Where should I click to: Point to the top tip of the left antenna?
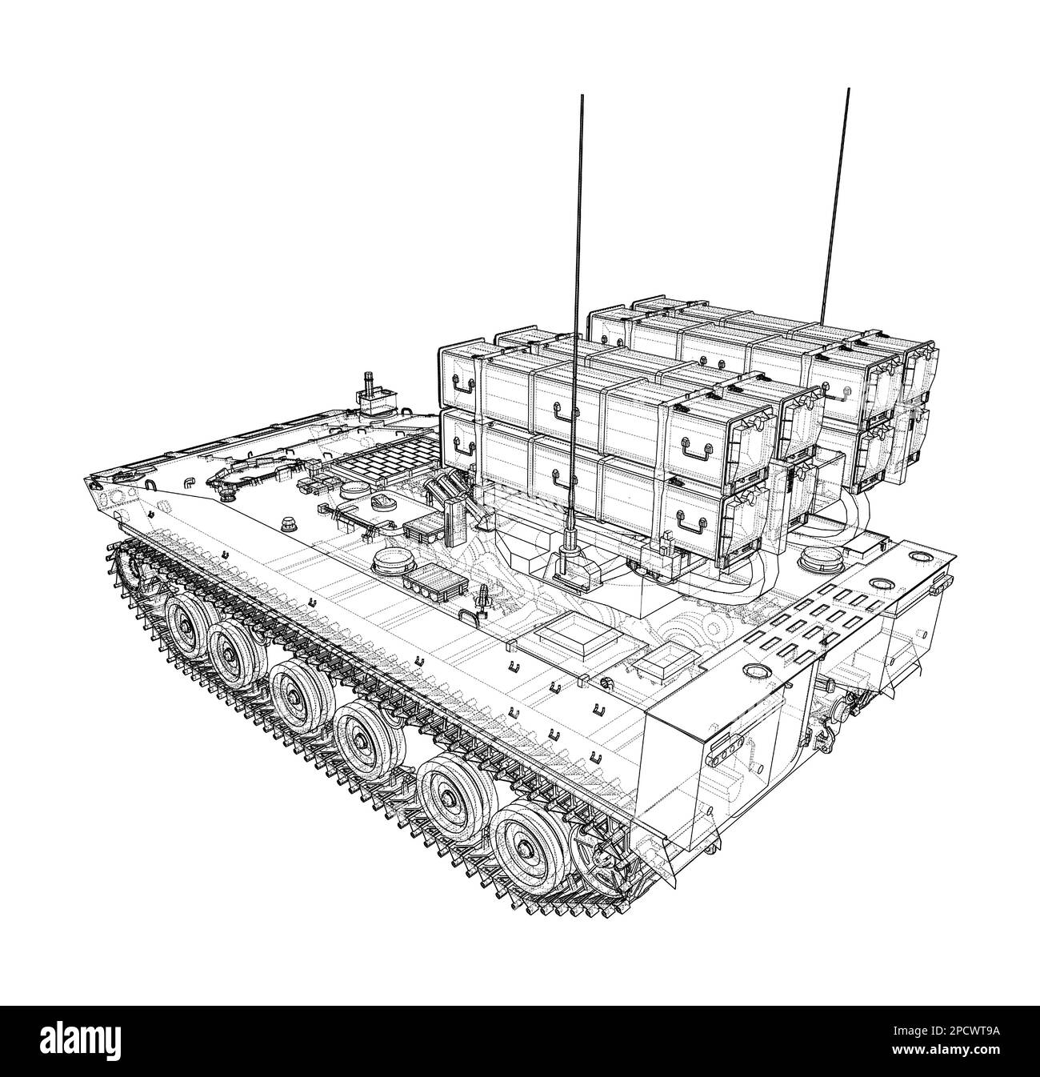[x=582, y=95]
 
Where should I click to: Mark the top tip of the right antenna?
[x=849, y=89]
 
